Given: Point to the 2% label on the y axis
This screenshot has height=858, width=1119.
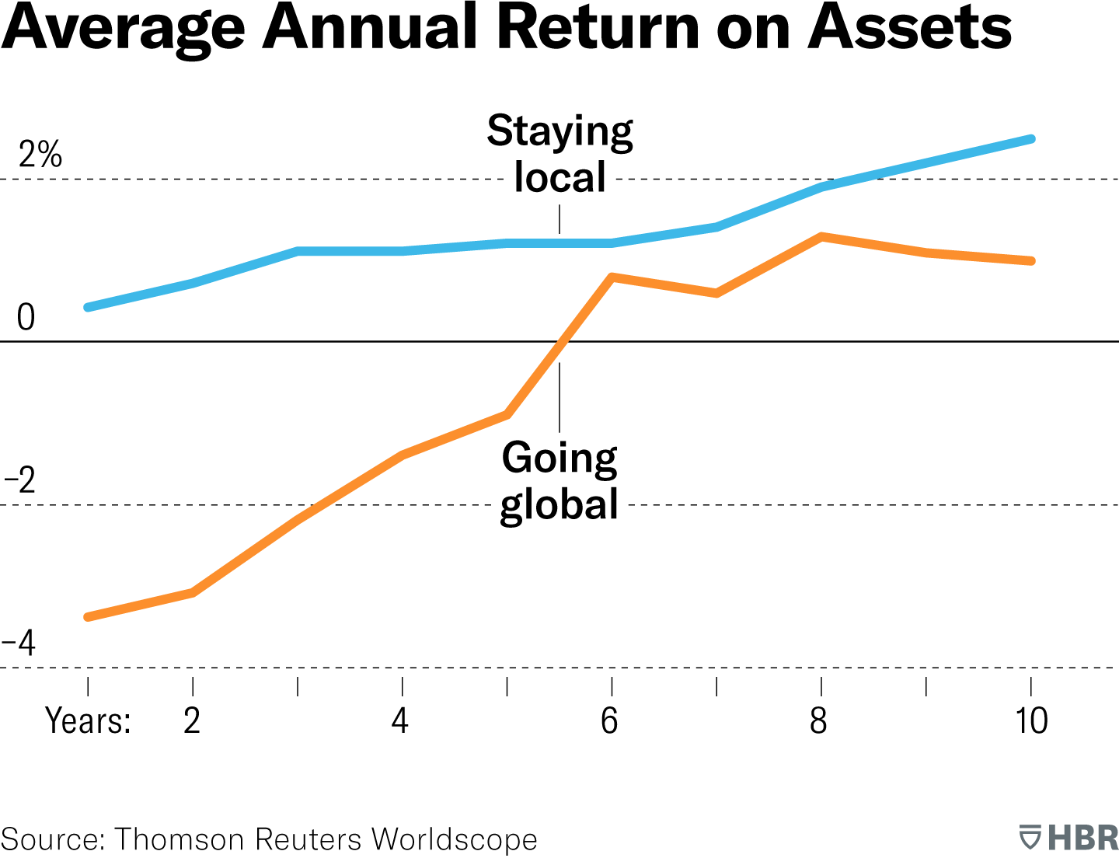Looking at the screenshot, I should pos(40,155).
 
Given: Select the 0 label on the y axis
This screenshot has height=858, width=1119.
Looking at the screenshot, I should pos(26,317).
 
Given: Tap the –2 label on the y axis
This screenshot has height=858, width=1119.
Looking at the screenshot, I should pos(21,481).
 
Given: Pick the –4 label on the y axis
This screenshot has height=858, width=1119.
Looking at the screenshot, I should pos(19,643).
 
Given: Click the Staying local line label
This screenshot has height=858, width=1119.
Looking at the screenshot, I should pos(559,154).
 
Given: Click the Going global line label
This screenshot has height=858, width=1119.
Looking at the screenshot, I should pos(559,480).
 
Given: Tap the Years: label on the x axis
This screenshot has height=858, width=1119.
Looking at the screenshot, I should pos(88,720).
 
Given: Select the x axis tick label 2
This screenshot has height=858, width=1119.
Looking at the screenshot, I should pos(192,720).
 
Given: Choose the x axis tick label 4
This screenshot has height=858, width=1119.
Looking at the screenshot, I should pos(400,720).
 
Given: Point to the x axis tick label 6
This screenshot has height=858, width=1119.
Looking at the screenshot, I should pos(609,720).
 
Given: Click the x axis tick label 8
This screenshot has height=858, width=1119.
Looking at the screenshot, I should pos(818,720).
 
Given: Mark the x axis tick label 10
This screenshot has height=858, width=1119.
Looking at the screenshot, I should pos(1031,720).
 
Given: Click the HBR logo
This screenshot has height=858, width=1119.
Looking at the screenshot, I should pos(1068,838).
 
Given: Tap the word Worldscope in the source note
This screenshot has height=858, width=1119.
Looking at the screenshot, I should pos(454,839).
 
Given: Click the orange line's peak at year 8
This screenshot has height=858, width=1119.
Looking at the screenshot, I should pos(821,236).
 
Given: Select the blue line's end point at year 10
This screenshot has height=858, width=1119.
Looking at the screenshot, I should pos(1031,139).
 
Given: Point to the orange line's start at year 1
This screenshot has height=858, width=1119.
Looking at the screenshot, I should pos(88,616).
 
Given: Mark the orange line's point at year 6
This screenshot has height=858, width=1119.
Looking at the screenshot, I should pos(612,277).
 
